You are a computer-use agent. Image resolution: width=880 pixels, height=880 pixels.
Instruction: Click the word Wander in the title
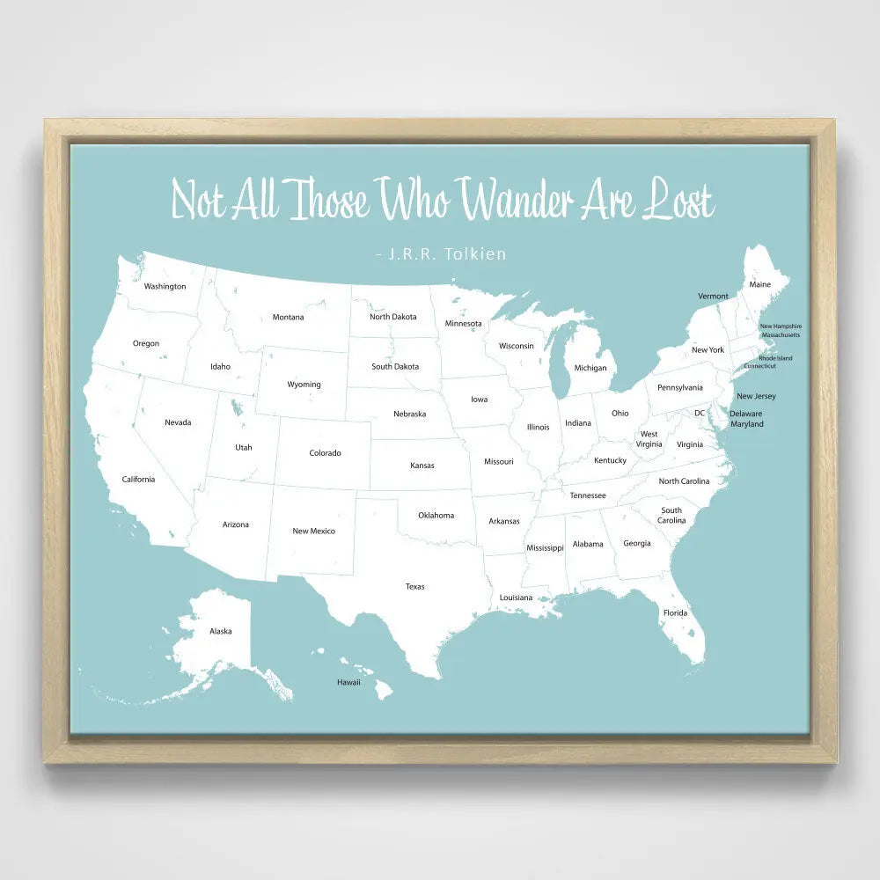pos(519,200)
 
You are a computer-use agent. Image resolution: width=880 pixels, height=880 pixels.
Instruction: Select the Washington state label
pos(165,286)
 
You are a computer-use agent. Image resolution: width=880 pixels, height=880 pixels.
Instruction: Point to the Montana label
pos(288,317)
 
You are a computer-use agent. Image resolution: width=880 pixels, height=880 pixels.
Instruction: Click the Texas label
pos(414,586)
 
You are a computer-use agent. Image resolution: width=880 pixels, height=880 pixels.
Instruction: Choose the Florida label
pos(676,612)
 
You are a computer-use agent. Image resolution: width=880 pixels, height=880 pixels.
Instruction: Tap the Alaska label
pos(221,631)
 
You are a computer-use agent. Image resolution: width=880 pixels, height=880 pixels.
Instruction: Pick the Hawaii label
pos(348,682)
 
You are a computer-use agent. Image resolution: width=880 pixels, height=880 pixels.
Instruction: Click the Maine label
pos(759,284)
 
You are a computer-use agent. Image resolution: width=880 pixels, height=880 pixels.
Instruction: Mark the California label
pos(138,479)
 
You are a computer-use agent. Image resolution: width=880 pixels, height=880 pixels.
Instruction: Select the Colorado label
pos(325,453)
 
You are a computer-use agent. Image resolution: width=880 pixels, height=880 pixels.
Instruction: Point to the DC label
pos(700,413)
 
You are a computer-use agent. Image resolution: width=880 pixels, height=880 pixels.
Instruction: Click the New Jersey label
pos(756,396)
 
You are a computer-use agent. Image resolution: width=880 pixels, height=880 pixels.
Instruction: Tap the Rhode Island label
pos(775,358)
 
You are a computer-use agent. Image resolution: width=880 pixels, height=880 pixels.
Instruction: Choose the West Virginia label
pos(649,439)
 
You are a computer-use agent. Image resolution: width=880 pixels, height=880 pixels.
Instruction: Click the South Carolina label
pos(671,515)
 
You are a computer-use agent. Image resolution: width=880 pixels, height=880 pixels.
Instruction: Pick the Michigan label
pos(590,368)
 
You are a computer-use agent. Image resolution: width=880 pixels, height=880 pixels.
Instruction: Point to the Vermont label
pos(713,296)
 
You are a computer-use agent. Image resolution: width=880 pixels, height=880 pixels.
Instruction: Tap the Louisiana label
pos(516,598)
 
